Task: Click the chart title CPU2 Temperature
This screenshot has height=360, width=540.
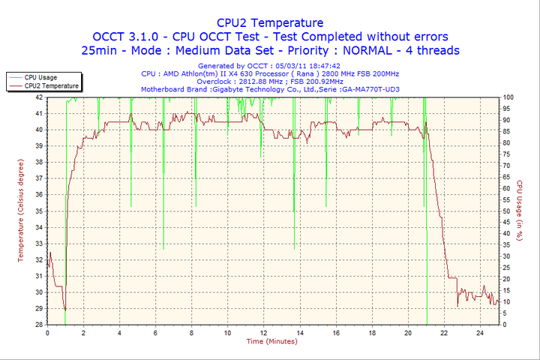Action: [270, 22]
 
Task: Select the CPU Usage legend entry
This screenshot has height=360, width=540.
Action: [40, 77]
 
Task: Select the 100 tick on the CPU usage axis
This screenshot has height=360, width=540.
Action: [508, 97]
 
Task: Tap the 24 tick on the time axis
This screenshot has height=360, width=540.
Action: [480, 332]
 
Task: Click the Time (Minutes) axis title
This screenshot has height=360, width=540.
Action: [271, 341]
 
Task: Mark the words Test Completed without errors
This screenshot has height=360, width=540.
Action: [373, 36]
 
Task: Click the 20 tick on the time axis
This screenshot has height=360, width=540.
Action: [408, 332]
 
